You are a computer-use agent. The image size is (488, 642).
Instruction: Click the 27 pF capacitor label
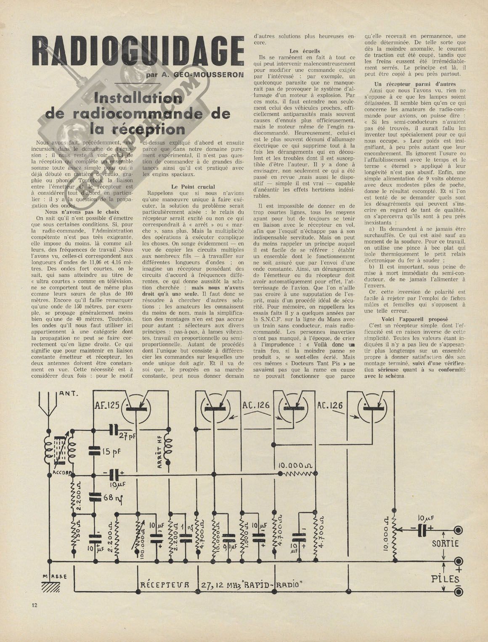(127, 436)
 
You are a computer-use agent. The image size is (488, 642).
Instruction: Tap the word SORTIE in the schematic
(445, 543)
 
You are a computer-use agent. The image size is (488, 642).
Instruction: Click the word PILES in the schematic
(445, 578)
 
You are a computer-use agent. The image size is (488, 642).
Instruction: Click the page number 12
(34, 605)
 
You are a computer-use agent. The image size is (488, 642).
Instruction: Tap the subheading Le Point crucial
(193, 186)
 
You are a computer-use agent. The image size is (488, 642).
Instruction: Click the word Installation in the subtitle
(138, 99)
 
